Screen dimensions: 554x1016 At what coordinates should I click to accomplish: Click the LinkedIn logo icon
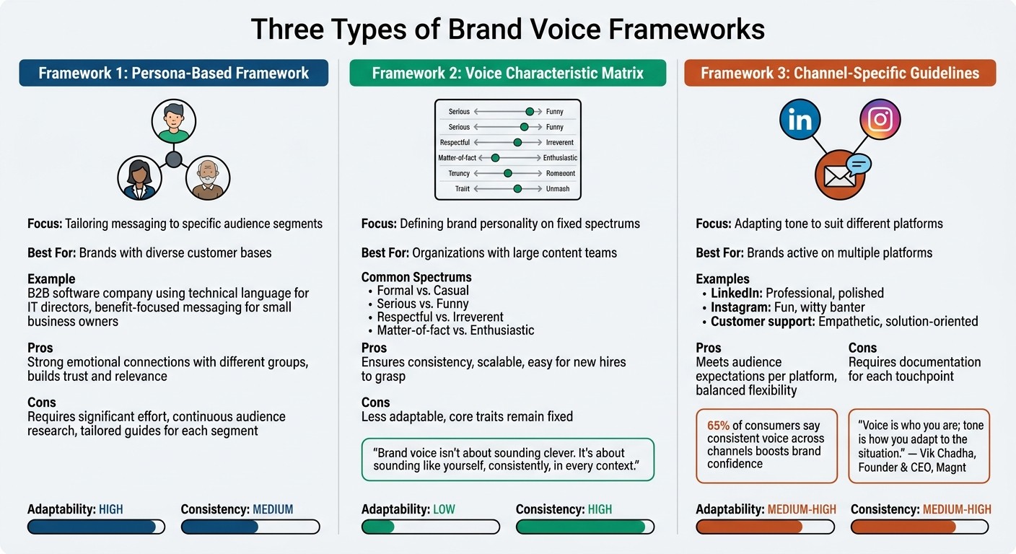[800, 120]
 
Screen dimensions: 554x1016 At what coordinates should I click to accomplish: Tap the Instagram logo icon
[880, 119]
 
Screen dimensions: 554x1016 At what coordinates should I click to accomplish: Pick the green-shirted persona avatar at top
[173, 121]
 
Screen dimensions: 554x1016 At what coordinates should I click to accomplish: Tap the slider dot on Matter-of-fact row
[495, 158]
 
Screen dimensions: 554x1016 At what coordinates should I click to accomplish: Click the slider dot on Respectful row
[517, 142]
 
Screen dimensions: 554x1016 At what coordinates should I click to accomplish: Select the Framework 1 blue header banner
[173, 73]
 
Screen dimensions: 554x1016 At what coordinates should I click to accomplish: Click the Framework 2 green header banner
[507, 73]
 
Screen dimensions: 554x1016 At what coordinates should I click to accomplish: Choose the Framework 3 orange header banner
[840, 73]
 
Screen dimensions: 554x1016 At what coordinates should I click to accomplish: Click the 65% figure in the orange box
[719, 426]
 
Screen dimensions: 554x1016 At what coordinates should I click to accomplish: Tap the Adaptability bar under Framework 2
[430, 527]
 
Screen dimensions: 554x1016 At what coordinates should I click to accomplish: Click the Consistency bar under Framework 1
[250, 527]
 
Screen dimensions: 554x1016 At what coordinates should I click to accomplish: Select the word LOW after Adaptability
[444, 509]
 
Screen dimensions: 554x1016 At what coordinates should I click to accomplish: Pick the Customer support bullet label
[763, 321]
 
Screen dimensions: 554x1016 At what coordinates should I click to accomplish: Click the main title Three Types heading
[507, 30]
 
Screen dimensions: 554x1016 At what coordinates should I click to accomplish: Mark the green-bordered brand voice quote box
[507, 460]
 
